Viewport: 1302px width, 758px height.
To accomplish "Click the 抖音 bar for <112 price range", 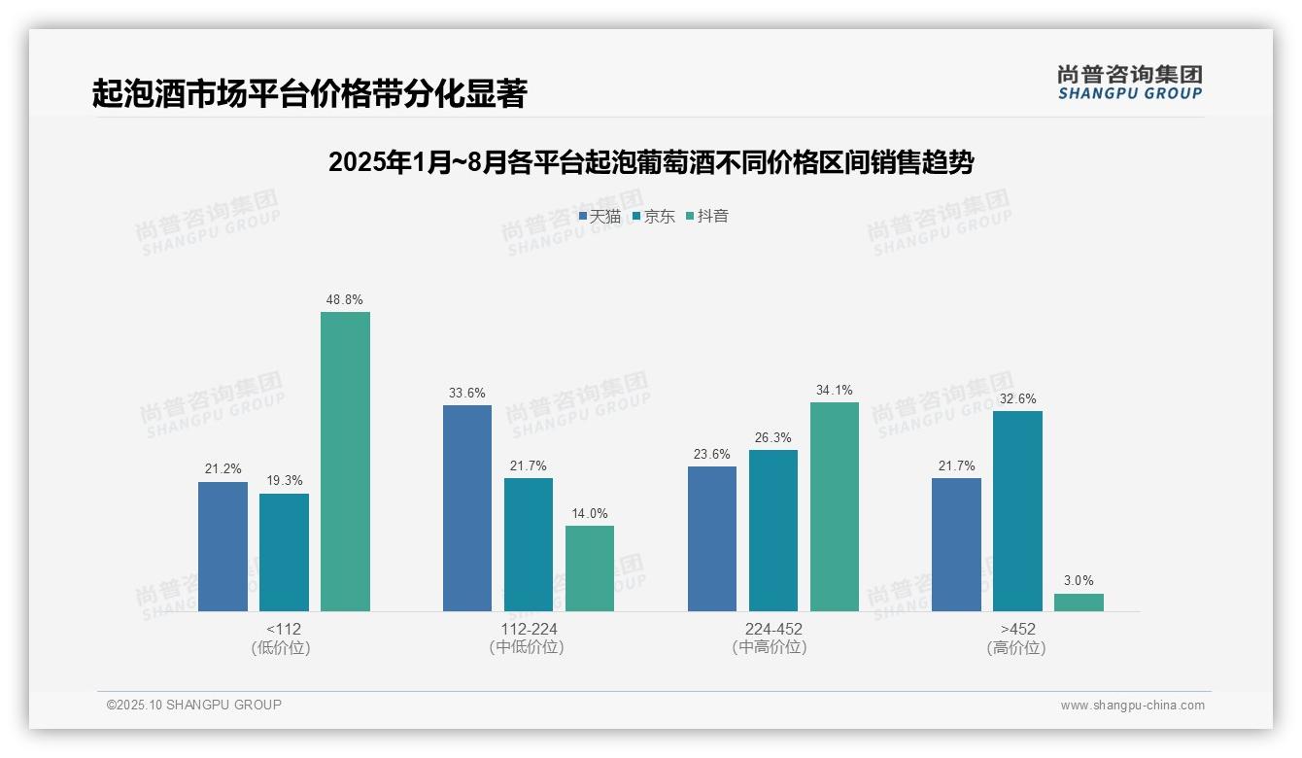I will pyautogui.click(x=345, y=462).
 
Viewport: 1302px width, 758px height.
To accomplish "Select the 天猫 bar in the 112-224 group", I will pyautogui.click(x=467, y=508).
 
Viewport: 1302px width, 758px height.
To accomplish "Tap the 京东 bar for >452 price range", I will pyautogui.click(x=1017, y=511).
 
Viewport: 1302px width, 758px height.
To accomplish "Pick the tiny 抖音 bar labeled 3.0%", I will pyautogui.click(x=1079, y=603).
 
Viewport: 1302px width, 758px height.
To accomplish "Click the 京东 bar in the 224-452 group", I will pyautogui.click(x=773, y=531).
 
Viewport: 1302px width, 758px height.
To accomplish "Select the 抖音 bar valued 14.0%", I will pyautogui.click(x=590, y=568).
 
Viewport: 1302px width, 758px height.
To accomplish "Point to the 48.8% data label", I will pyautogui.click(x=345, y=300).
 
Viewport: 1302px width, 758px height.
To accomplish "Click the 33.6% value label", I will pyautogui.click(x=467, y=394).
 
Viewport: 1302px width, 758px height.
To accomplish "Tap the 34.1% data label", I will pyautogui.click(x=835, y=391).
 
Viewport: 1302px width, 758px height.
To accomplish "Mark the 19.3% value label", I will pyautogui.click(x=284, y=481).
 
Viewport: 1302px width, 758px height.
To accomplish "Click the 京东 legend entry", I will pyautogui.click(x=653, y=217).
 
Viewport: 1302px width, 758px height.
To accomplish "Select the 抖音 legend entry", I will pyautogui.click(x=707, y=217).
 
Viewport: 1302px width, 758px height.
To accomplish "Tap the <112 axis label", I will pyautogui.click(x=283, y=629).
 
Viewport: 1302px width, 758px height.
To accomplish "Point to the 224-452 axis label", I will pyautogui.click(x=773, y=629).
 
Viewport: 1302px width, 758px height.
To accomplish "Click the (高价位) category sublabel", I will pyautogui.click(x=1016, y=648).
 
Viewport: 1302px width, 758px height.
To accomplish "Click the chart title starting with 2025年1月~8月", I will pyautogui.click(x=651, y=162).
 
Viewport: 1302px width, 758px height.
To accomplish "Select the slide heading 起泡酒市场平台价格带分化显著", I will pyautogui.click(x=309, y=94).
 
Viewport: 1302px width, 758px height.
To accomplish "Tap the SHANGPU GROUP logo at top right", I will pyautogui.click(x=1130, y=83).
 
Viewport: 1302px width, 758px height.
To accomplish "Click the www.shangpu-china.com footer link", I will pyautogui.click(x=1132, y=706).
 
